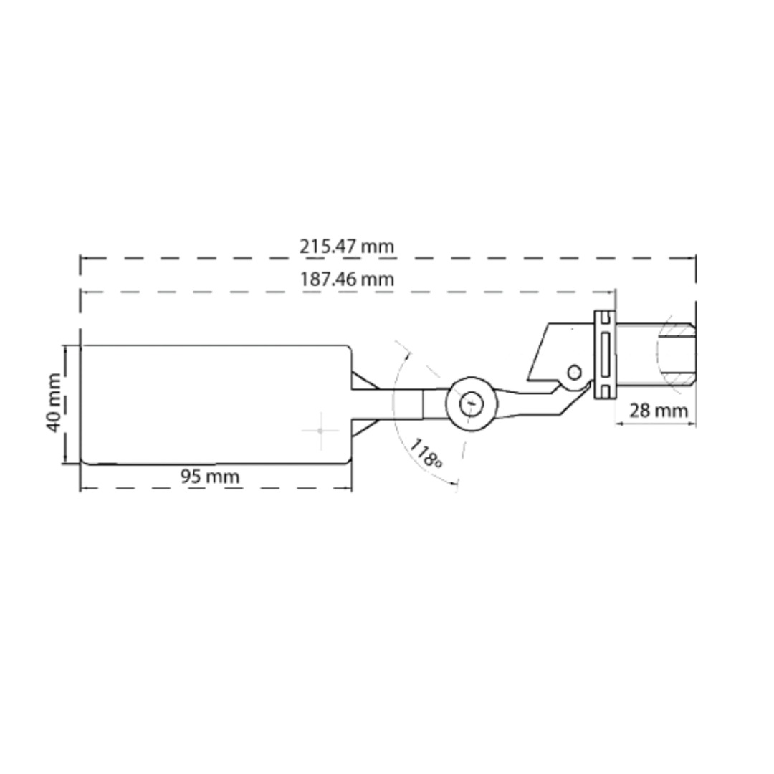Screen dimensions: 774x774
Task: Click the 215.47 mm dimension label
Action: pyautogui.click(x=347, y=247)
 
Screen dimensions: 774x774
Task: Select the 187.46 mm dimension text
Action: pyautogui.click(x=347, y=279)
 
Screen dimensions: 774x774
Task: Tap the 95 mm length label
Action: pyautogui.click(x=209, y=477)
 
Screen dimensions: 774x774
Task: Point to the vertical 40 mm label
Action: pyautogui.click(x=54, y=403)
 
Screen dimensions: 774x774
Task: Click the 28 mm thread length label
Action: pyautogui.click(x=658, y=411)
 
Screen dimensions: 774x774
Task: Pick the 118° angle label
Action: pyautogui.click(x=426, y=454)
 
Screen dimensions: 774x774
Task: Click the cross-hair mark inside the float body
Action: pyautogui.click(x=320, y=430)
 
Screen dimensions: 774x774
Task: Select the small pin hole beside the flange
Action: pyautogui.click(x=574, y=372)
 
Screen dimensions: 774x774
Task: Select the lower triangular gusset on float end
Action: pyautogui.click(x=362, y=426)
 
